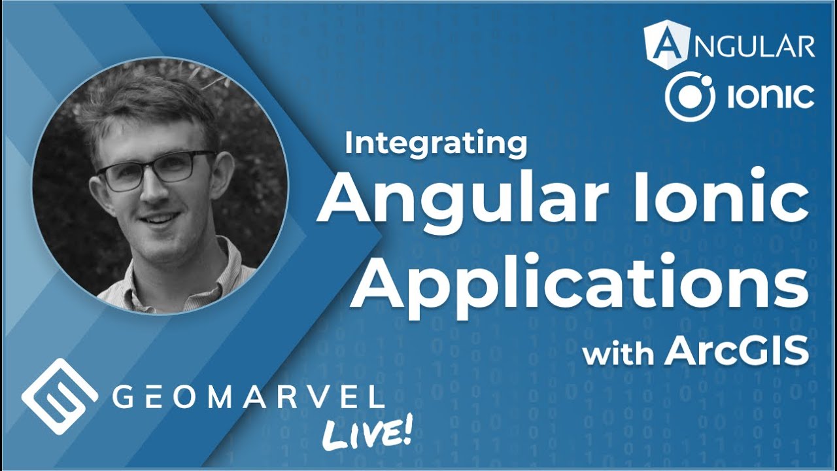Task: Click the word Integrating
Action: click(x=436, y=144)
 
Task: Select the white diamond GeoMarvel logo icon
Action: click(x=60, y=396)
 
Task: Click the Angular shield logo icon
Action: click(x=666, y=44)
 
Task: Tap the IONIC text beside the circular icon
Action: click(x=770, y=97)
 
